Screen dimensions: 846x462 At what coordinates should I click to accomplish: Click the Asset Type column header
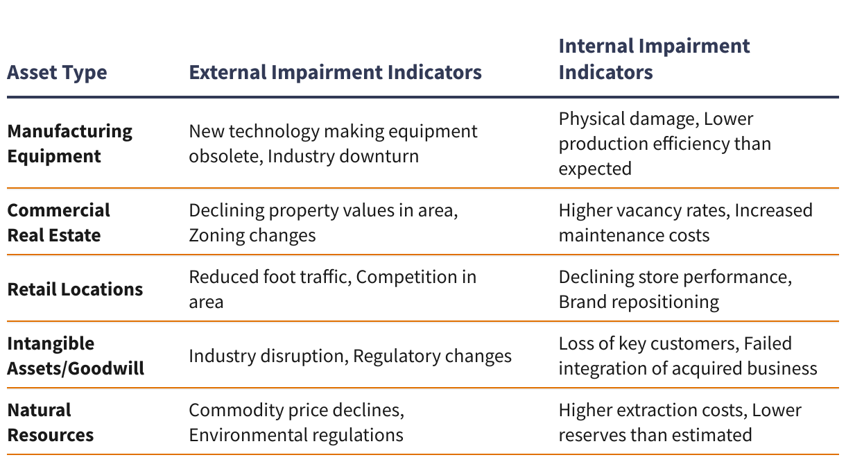tap(57, 73)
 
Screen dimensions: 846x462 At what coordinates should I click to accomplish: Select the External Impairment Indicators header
tap(336, 72)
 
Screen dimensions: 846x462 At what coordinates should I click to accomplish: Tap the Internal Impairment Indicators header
tap(654, 59)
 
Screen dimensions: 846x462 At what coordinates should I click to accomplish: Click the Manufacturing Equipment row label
tap(70, 144)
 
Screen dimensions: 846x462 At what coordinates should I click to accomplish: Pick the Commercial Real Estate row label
tap(58, 223)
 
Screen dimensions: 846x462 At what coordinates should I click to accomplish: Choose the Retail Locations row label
tap(75, 289)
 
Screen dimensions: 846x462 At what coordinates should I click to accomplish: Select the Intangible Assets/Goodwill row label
tap(76, 356)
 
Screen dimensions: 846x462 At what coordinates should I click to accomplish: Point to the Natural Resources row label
tap(50, 422)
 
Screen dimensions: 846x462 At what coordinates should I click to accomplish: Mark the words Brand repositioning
tap(639, 302)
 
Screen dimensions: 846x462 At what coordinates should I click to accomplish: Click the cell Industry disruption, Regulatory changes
tap(350, 357)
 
